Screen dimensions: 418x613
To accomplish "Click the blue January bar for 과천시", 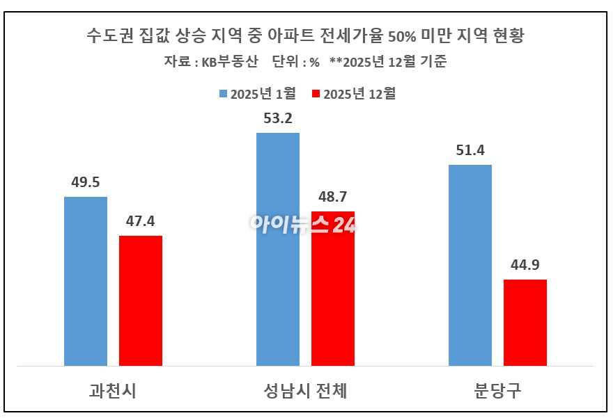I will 86,281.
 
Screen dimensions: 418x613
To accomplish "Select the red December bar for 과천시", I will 141,300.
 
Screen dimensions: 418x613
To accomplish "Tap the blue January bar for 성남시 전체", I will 278,249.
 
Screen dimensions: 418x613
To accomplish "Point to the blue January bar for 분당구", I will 470,265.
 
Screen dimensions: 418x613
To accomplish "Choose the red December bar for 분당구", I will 525,322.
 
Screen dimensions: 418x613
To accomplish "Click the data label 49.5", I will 86,183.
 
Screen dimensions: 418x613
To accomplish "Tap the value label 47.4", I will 141,222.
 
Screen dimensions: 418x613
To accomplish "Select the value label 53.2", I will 278,118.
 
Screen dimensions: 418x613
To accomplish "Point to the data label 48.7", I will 333,198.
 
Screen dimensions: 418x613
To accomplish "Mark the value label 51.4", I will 470,151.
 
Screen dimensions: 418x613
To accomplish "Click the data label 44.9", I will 525,266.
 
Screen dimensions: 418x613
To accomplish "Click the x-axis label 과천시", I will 113,391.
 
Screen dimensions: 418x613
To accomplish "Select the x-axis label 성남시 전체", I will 306,391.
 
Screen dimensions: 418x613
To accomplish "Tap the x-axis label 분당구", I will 497,391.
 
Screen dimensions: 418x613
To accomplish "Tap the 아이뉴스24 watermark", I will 304,224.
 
